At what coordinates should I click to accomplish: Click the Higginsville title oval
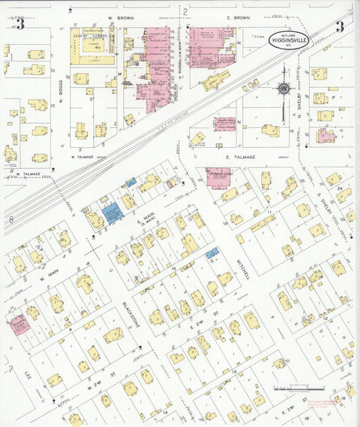click(x=288, y=39)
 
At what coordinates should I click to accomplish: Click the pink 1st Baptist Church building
click(x=218, y=177)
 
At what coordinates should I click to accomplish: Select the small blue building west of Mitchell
click(x=212, y=253)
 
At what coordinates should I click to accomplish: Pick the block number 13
click(x=234, y=372)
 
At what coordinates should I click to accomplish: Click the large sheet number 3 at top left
click(x=21, y=26)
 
